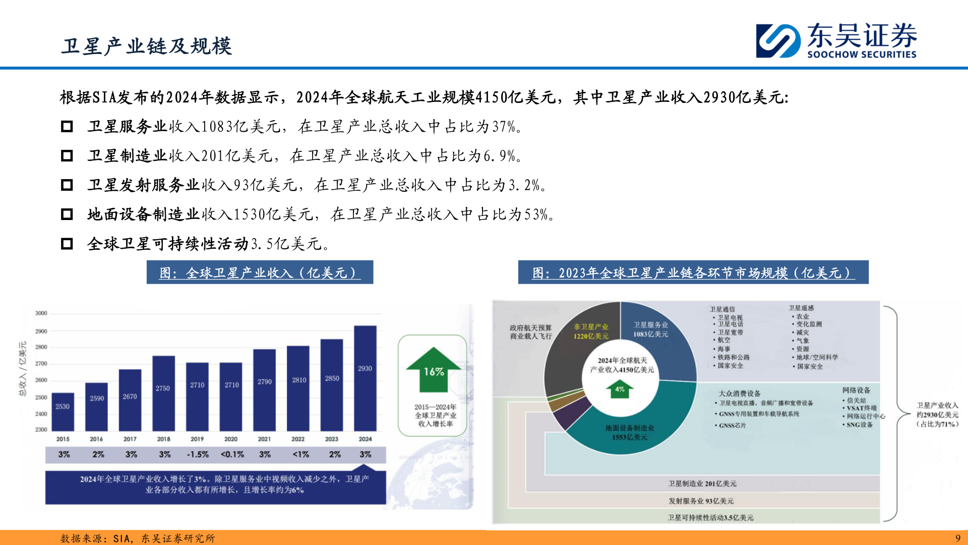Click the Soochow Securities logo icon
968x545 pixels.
(x=778, y=40)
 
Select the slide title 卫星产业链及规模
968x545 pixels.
(x=146, y=46)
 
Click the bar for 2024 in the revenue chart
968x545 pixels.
(x=365, y=378)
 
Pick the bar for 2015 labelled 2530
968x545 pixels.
(x=63, y=411)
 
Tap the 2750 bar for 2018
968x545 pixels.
(x=163, y=393)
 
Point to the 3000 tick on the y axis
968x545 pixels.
(x=41, y=313)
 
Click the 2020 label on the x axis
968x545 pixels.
(x=231, y=439)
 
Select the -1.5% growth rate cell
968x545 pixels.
(x=198, y=455)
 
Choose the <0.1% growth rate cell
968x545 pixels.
(x=232, y=455)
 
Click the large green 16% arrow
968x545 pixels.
(x=434, y=370)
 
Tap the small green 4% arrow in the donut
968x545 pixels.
(x=620, y=390)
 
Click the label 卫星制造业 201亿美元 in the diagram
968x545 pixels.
(x=702, y=483)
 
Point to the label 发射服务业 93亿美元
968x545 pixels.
(x=701, y=501)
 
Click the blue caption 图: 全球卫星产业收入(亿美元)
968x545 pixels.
(x=260, y=272)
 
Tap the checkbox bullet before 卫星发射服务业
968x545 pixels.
(x=67, y=185)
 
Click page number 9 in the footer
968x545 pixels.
(x=957, y=538)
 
